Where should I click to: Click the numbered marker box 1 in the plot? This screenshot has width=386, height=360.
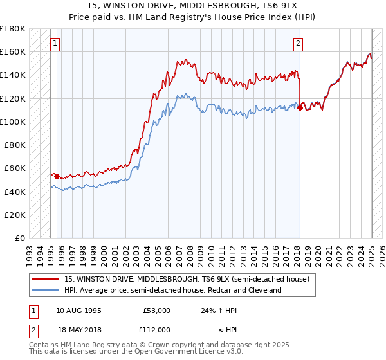pyautogui.click(x=55, y=44)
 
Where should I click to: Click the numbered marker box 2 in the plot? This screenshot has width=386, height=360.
pyautogui.click(x=299, y=44)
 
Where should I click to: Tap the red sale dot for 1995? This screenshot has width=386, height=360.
pyautogui.click(x=57, y=175)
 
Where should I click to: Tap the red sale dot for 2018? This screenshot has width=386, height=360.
pyautogui.click(x=300, y=108)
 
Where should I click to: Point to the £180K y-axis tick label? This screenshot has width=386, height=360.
pyautogui.click(x=13, y=29)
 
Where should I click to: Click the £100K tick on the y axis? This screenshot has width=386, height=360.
pyautogui.click(x=13, y=122)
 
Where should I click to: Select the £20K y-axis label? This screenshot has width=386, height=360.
pyautogui.click(x=15, y=215)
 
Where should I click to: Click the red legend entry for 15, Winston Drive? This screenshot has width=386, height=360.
pyautogui.click(x=187, y=279)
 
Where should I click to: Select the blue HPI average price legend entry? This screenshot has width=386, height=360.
pyautogui.click(x=173, y=290)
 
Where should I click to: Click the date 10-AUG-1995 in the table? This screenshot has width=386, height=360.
pyautogui.click(x=78, y=310)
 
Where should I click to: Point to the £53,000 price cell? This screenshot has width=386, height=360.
pyautogui.click(x=156, y=310)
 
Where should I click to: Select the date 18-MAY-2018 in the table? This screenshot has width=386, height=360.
pyautogui.click(x=78, y=328)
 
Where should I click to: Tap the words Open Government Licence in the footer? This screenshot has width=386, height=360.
pyautogui.click(x=186, y=353)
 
